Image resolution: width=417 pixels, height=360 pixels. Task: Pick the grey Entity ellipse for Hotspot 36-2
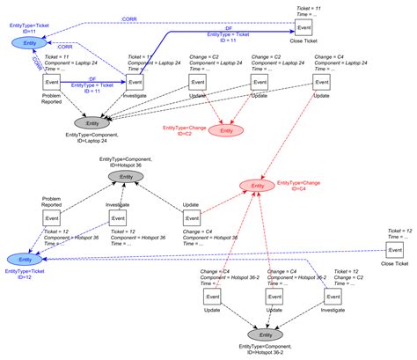[x=261, y=335]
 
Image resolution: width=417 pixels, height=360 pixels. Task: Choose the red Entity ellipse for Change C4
[x=256, y=186]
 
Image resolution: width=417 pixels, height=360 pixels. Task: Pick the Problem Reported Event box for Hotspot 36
[x=51, y=219]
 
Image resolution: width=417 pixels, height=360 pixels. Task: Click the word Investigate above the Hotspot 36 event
[x=118, y=204]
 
